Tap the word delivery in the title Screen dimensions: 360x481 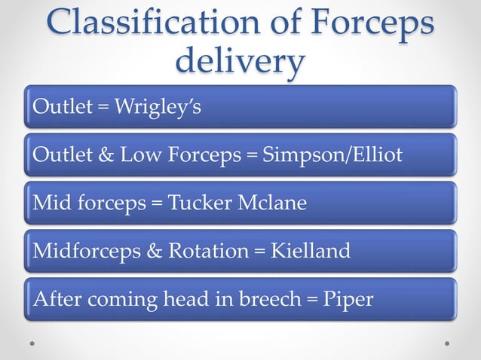(x=240, y=60)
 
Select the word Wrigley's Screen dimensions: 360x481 (x=158, y=108)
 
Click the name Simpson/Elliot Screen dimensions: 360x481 (x=331, y=155)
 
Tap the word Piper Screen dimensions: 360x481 (x=348, y=299)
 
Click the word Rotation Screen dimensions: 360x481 (x=213, y=251)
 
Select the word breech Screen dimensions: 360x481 (x=267, y=299)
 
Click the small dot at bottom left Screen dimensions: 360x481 (x=33, y=343)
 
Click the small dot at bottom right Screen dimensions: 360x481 (x=447, y=343)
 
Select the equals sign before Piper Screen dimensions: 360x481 (x=311, y=300)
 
